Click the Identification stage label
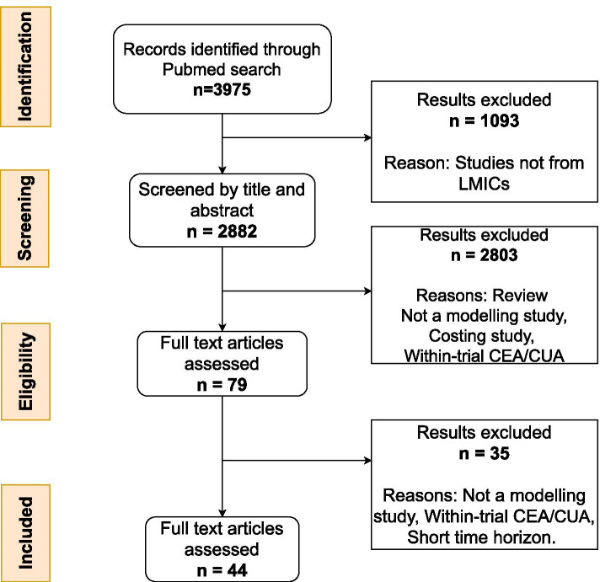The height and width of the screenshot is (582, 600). click(x=25, y=67)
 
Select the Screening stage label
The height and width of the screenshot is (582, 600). click(x=25, y=218)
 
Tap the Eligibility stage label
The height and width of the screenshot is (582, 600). click(x=25, y=371)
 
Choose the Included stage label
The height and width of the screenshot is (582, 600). click(x=25, y=533)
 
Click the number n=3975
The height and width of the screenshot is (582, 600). click(x=222, y=90)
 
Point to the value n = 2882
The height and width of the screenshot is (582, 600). click(x=222, y=232)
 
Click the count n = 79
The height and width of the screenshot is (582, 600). click(x=222, y=385)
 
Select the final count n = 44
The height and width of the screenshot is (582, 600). click(x=222, y=570)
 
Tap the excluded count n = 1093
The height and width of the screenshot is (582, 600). click(x=484, y=120)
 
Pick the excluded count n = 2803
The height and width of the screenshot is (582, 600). click(x=484, y=255)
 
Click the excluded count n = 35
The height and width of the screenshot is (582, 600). click(x=484, y=453)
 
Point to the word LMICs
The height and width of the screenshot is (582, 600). click(x=484, y=184)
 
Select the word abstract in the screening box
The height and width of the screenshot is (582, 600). click(x=222, y=211)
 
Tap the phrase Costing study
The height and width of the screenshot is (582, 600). click(x=481, y=336)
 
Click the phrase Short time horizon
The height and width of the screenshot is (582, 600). click(x=481, y=537)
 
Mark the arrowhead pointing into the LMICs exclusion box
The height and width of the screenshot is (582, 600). click(x=368, y=137)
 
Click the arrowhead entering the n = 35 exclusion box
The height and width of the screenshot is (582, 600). click(x=368, y=461)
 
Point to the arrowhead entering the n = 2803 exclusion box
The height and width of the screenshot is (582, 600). click(x=368, y=291)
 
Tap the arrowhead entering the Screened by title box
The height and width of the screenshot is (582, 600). click(x=222, y=170)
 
